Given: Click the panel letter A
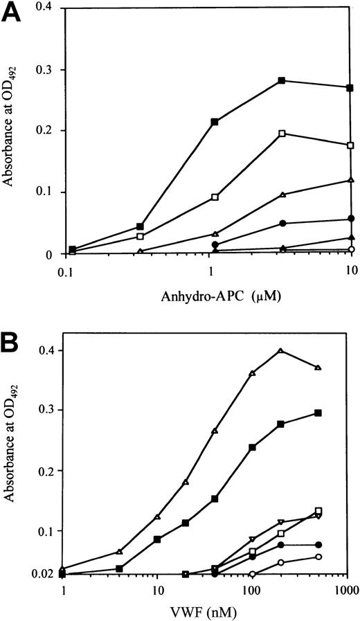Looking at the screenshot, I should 13,13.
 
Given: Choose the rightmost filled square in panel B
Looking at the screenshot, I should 318,413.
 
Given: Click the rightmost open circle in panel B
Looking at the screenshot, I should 318,557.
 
